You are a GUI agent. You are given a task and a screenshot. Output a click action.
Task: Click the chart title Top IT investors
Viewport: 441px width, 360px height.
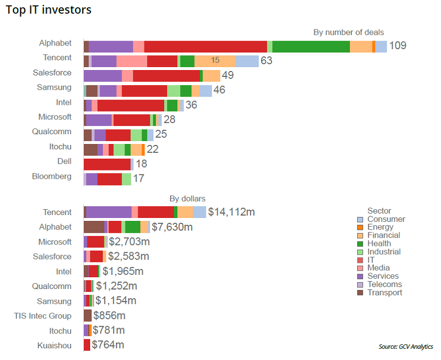49,10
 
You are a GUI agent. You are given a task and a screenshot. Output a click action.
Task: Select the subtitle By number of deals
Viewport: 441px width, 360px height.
348,32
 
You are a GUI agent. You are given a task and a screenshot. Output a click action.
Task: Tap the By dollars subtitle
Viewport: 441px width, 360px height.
187,198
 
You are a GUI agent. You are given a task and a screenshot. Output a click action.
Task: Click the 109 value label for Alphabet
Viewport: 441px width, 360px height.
397,46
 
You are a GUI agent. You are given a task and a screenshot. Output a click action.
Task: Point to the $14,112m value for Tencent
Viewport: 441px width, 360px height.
231,212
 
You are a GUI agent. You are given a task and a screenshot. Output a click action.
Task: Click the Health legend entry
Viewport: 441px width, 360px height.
379,243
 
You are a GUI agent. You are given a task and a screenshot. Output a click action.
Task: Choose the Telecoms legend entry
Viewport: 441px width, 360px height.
384,284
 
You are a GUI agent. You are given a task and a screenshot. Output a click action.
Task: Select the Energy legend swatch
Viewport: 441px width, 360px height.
360,227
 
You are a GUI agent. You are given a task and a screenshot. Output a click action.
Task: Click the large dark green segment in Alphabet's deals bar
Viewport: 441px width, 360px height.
311,47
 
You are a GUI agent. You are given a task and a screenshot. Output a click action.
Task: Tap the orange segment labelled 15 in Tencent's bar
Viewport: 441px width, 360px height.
215,61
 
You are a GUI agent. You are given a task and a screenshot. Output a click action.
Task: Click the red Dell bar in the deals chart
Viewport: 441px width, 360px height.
107,164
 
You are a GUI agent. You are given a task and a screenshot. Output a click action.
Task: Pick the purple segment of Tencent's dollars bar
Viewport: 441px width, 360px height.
108,212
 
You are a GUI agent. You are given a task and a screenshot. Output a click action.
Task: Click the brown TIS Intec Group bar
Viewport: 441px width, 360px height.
88,315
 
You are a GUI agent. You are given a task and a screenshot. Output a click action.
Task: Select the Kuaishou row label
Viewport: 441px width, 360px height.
54,346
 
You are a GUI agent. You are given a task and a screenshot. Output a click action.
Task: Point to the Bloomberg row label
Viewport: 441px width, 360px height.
51,176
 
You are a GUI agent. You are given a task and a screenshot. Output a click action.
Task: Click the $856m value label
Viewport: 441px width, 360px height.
109,315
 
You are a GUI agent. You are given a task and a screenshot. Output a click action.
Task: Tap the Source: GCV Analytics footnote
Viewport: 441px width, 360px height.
406,347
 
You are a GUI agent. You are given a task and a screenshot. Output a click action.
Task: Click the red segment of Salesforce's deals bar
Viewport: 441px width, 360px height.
166,76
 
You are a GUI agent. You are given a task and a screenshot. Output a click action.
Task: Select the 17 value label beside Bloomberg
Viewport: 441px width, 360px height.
139,179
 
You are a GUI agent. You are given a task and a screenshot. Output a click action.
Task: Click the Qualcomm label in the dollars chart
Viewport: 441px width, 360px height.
51,286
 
